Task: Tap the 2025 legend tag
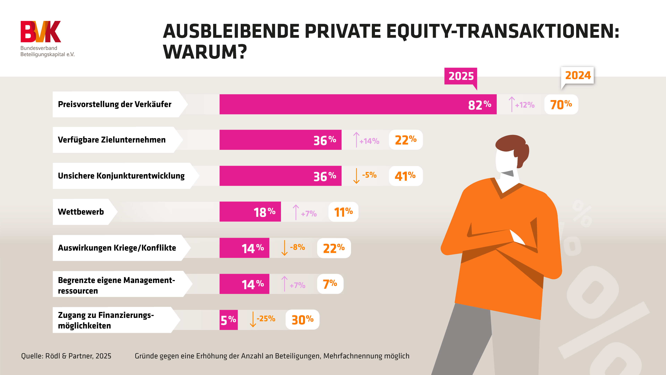(x=461, y=76)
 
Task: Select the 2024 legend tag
(x=578, y=75)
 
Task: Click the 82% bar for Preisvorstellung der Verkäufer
(x=358, y=104)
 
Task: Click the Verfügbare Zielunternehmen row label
(x=112, y=140)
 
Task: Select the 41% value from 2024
(x=405, y=176)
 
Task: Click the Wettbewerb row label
(x=81, y=212)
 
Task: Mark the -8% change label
(x=297, y=247)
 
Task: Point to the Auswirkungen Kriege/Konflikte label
(x=117, y=248)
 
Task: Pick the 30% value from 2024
(x=302, y=320)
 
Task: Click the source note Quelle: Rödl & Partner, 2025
(x=66, y=356)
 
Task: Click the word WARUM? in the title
(x=205, y=52)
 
